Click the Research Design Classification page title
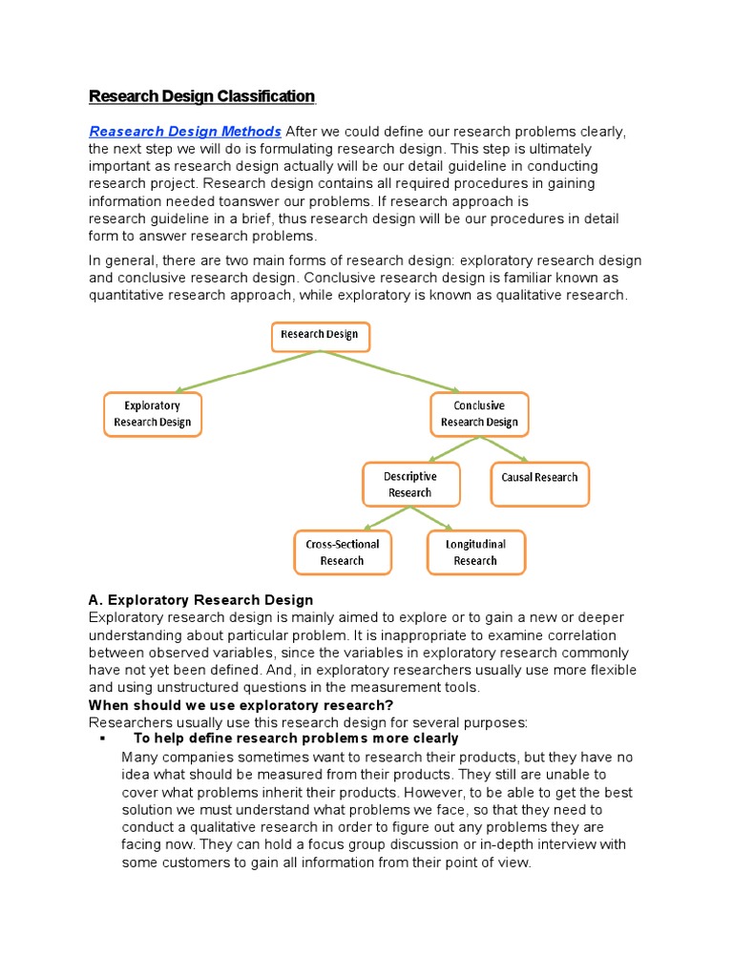(x=201, y=96)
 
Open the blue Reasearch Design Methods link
(x=185, y=132)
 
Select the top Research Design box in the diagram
(x=321, y=336)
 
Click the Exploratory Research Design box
(x=153, y=414)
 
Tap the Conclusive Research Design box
(x=479, y=414)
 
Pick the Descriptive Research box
(x=410, y=485)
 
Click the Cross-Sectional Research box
(x=342, y=552)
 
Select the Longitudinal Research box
(x=475, y=552)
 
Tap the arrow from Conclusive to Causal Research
(x=509, y=448)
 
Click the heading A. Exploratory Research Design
(x=200, y=600)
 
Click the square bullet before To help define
(x=101, y=738)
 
